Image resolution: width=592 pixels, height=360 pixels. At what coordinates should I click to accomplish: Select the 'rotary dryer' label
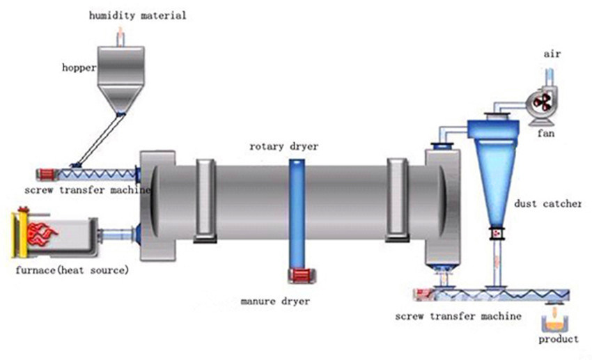[x=283, y=146]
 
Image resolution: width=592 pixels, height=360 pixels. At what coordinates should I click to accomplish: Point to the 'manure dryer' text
[x=275, y=302]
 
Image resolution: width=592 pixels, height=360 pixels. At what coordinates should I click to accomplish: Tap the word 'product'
[x=558, y=339]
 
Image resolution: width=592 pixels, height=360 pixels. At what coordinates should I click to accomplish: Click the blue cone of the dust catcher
[x=499, y=174]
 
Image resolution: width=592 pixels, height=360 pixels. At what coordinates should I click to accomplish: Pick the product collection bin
[x=554, y=321]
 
